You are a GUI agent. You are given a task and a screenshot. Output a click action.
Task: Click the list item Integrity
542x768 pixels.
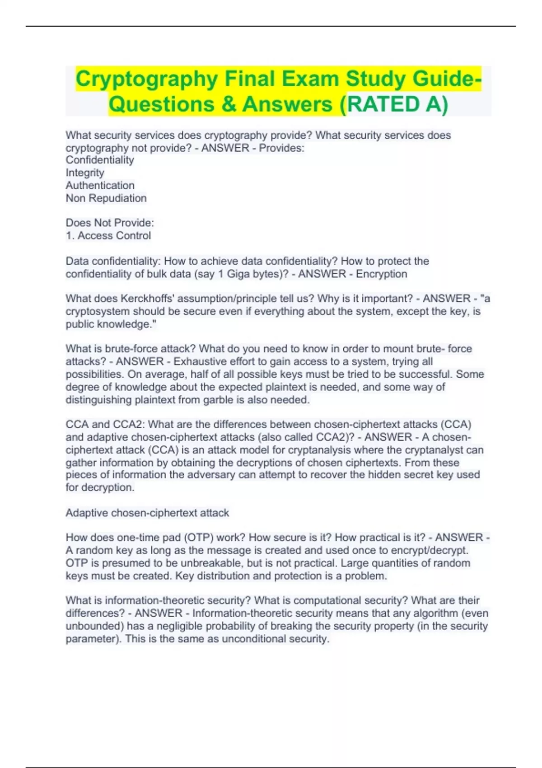tap(85, 173)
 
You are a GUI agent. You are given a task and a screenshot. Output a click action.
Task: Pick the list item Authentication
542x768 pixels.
tap(100, 185)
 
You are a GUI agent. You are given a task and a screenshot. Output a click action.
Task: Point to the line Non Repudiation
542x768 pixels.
tap(106, 198)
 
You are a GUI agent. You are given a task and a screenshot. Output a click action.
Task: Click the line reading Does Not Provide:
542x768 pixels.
tap(110, 223)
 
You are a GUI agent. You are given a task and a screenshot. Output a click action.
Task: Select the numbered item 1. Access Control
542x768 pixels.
tap(108, 235)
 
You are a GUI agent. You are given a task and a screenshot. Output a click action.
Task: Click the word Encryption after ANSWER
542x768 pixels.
tap(381, 274)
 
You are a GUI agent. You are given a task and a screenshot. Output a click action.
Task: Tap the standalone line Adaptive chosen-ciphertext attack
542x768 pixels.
tap(147, 513)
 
